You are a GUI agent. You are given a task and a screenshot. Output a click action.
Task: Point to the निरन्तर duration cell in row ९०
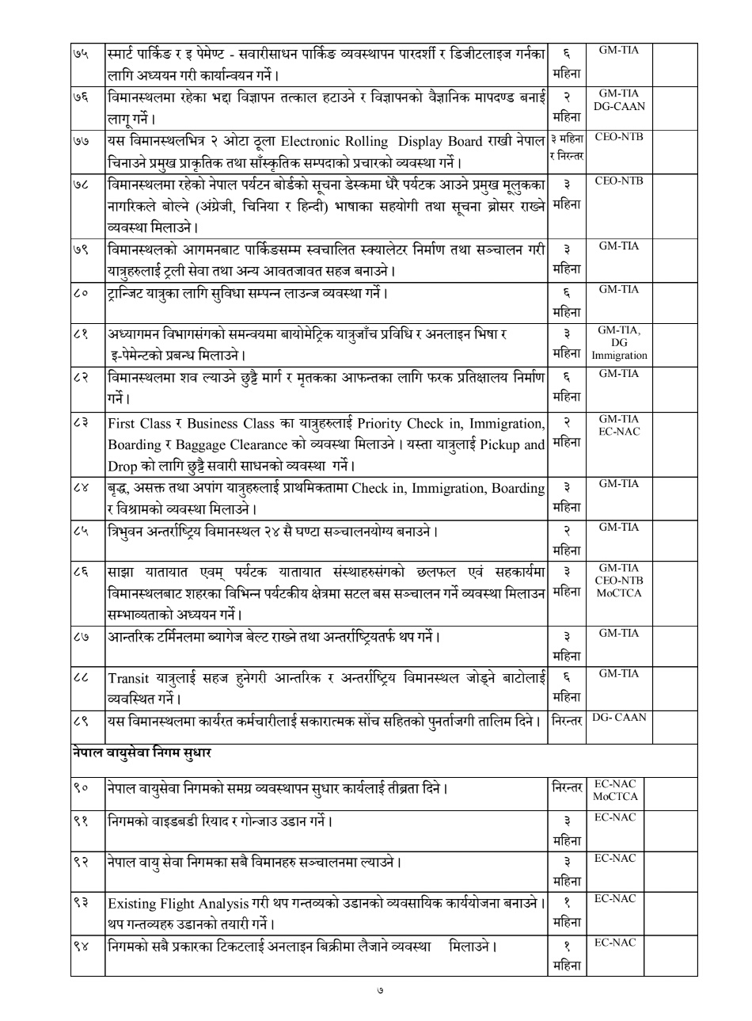pyautogui.click(x=567, y=787)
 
